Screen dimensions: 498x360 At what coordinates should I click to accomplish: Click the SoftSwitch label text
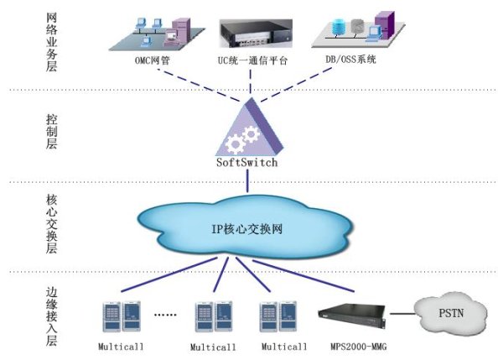[247, 163]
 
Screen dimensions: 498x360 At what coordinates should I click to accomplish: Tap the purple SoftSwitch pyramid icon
[250, 128]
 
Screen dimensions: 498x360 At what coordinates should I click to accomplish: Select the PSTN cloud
[451, 313]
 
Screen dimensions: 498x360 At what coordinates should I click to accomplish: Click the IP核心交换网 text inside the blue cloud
[247, 228]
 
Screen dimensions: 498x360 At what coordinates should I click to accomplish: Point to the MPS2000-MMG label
[359, 347]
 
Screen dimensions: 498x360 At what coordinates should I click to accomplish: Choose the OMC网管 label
[153, 60]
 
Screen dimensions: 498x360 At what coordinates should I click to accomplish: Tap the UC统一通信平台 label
[252, 60]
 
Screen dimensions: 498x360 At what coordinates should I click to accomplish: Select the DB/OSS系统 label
[351, 59]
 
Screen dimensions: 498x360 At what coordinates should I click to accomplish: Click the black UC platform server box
[256, 34]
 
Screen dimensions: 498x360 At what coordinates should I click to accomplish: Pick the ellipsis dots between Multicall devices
[165, 315]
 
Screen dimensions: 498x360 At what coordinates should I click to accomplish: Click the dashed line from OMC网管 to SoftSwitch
[199, 86]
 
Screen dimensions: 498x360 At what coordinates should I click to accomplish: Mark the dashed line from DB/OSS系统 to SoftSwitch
[296, 85]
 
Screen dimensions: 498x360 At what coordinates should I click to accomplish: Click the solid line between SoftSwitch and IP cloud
[247, 180]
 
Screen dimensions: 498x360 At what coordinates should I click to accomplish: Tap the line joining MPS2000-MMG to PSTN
[402, 314]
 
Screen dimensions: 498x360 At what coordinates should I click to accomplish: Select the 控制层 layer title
[51, 132]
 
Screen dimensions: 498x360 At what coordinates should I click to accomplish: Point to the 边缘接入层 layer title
[51, 316]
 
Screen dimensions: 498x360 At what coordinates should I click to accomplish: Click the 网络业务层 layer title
[51, 42]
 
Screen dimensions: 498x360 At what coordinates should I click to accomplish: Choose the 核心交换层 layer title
[51, 223]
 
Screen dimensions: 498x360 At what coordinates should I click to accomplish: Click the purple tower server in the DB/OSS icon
[385, 25]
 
